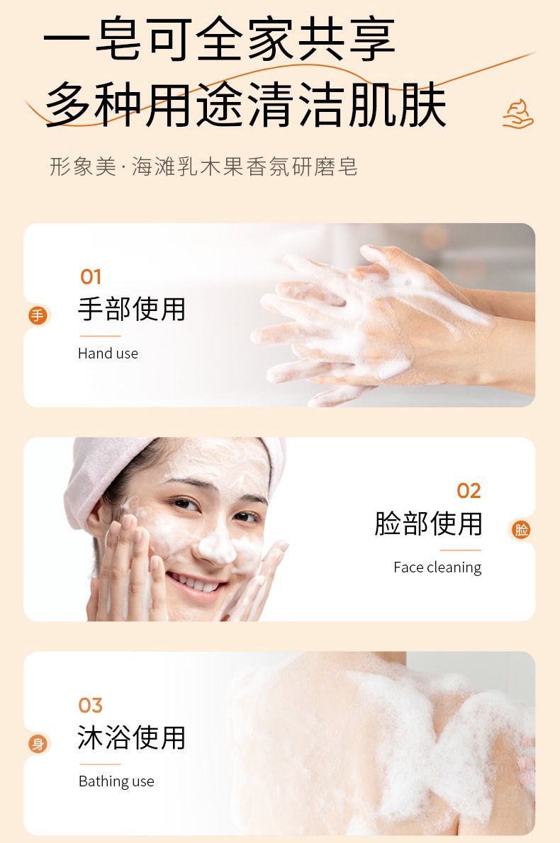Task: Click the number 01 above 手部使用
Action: (90, 277)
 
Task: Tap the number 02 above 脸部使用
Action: (469, 491)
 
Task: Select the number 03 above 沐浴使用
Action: (90, 706)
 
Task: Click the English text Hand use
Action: (108, 353)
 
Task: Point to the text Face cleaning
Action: (437, 567)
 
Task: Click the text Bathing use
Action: (116, 781)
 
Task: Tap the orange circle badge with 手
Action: (38, 315)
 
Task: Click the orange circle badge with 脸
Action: (521, 530)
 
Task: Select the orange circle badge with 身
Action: (38, 744)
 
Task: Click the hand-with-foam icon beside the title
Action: (517, 114)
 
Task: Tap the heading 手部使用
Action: (132, 309)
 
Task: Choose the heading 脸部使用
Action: (428, 524)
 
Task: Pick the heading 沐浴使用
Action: (132, 737)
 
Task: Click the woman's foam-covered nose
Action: (216, 546)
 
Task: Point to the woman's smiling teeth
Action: (196, 583)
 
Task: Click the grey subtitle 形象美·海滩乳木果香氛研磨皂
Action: (204, 166)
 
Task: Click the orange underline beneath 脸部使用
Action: (461, 550)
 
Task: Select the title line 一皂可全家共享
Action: (220, 39)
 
